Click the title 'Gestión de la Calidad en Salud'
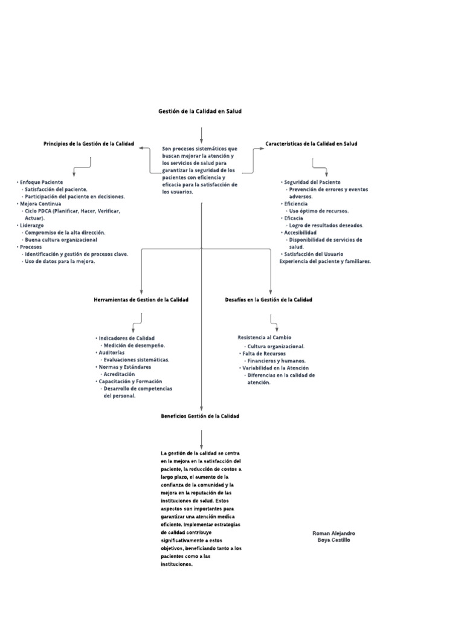click(199, 111)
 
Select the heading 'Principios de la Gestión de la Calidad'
click(89, 144)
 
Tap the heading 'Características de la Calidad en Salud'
click(311, 144)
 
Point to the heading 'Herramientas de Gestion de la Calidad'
click(141, 300)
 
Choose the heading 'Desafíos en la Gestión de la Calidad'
click(268, 300)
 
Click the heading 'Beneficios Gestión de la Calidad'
click(200, 416)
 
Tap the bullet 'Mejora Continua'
click(40, 204)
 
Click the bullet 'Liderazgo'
click(34, 225)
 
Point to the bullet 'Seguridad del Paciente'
click(312, 182)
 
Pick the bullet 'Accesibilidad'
click(301, 232)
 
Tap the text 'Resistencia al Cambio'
click(265, 337)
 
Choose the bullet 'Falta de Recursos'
click(265, 353)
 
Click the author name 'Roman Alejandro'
click(333, 533)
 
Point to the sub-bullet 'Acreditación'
click(119, 374)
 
